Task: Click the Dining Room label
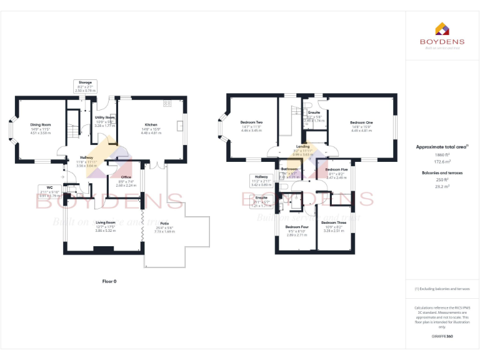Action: pyautogui.click(x=40, y=124)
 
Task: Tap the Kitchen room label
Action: pyautogui.click(x=151, y=124)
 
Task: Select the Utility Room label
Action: pyautogui.click(x=104, y=117)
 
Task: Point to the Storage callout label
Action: pyautogui.click(x=85, y=82)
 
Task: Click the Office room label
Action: pyautogui.click(x=126, y=177)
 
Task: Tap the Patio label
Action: pyautogui.click(x=164, y=223)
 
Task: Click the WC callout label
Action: pyautogui.click(x=49, y=187)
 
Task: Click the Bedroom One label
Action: pyautogui.click(x=361, y=122)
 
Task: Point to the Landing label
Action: pyautogui.click(x=303, y=146)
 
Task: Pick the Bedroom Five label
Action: pyautogui.click(x=336, y=169)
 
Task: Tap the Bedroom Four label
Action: pyautogui.click(x=297, y=227)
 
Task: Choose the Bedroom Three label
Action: pyautogui.click(x=333, y=222)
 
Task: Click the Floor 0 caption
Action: pyautogui.click(x=109, y=281)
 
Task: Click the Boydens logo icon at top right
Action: pyautogui.click(x=441, y=28)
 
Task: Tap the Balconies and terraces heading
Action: pyautogui.click(x=442, y=172)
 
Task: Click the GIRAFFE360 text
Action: pyautogui.click(x=441, y=337)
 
